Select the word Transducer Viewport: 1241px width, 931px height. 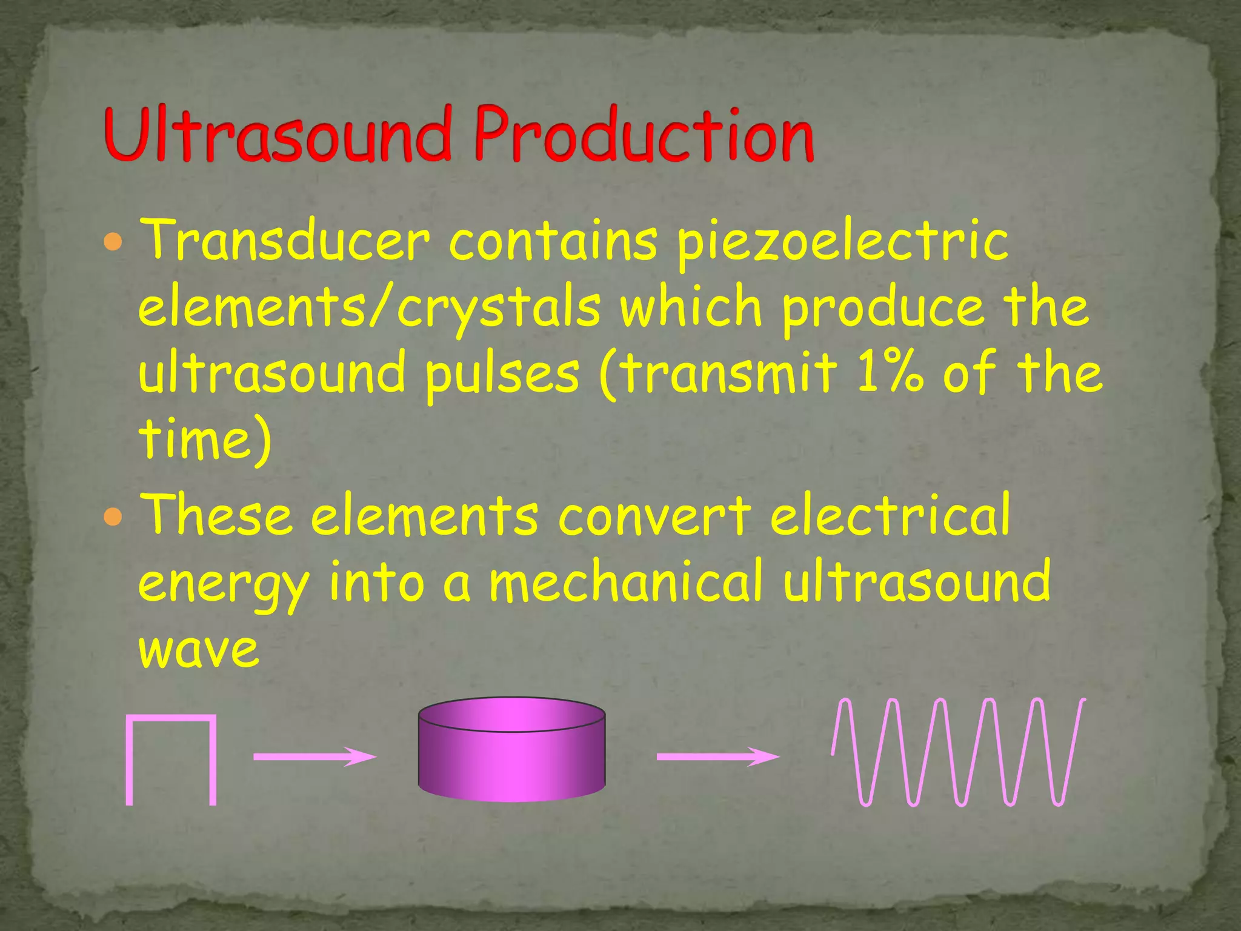pyautogui.click(x=285, y=241)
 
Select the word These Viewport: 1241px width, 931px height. pyautogui.click(x=216, y=515)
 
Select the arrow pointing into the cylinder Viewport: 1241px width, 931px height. pyautogui.click(x=314, y=756)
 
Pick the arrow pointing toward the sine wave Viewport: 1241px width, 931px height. pyautogui.click(x=717, y=756)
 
